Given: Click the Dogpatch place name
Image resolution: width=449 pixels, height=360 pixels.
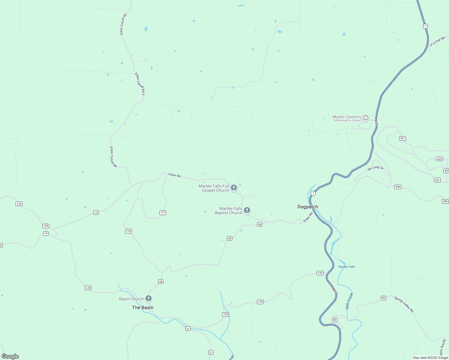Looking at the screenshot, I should (x=308, y=207).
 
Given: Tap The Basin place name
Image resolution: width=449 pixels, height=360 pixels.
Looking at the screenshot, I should (x=143, y=307).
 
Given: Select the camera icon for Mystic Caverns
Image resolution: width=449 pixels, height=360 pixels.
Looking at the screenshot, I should (x=366, y=118).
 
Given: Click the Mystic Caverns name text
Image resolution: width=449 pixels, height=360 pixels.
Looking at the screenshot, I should (x=347, y=117).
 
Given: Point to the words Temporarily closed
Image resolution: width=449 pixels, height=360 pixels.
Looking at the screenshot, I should (x=347, y=121).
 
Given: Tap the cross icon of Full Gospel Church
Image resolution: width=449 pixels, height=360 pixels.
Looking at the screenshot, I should (x=234, y=188).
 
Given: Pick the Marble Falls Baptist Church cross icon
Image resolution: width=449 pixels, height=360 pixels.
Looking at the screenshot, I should (x=247, y=210).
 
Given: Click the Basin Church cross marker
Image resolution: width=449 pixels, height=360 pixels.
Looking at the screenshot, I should (x=148, y=298).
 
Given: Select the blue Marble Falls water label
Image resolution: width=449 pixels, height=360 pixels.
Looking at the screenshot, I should (x=347, y=267).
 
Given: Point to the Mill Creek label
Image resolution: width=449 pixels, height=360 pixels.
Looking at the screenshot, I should (x=349, y=301).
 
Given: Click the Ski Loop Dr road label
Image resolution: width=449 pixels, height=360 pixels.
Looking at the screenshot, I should (x=375, y=168).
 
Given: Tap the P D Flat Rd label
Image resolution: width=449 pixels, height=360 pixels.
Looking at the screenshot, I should (x=437, y=41).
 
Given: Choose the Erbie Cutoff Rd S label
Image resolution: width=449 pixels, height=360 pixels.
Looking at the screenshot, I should (x=140, y=84).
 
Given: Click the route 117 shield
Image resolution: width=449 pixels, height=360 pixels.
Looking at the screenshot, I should (x=163, y=213).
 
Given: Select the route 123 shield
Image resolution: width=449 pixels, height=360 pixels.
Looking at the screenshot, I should (x=128, y=231).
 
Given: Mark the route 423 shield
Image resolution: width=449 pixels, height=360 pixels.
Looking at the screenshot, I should (x=439, y=159).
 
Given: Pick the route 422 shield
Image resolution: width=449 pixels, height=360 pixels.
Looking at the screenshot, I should (x=446, y=171).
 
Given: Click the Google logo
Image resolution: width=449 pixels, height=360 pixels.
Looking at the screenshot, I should (x=10, y=356).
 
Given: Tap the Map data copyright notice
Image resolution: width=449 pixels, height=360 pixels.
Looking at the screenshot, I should (x=430, y=358).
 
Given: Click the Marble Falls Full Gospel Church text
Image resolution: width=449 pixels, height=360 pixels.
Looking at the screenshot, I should (x=214, y=188).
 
